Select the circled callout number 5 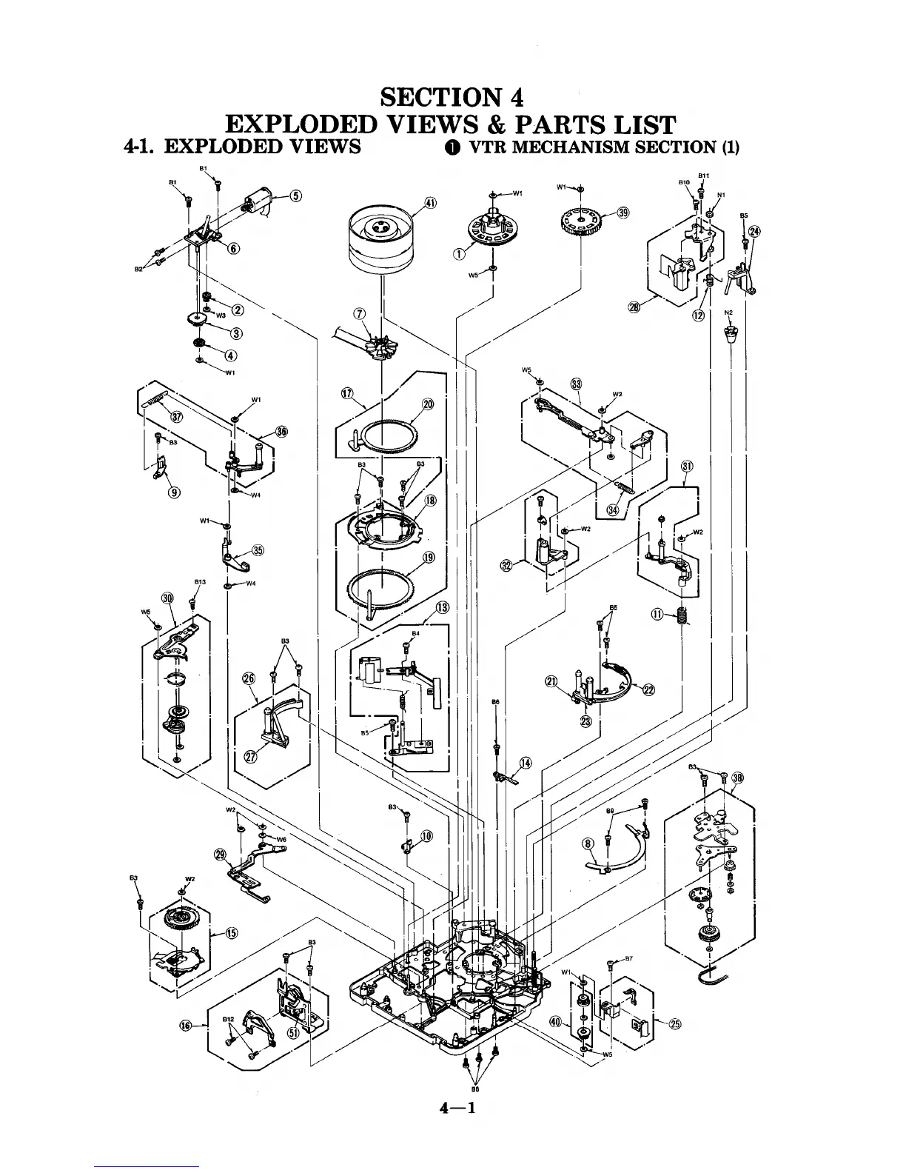[x=295, y=196]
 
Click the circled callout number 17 [x=346, y=393]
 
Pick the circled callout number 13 [x=442, y=608]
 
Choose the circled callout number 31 [x=688, y=466]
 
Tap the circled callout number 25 [x=674, y=1024]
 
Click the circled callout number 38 [x=737, y=778]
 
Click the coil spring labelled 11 [x=681, y=616]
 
